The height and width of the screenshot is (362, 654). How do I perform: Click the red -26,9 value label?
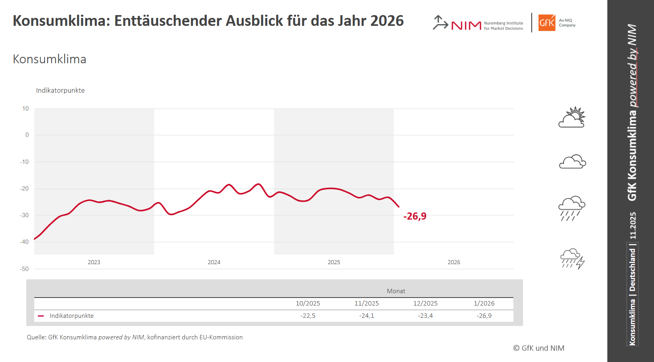coord(415,216)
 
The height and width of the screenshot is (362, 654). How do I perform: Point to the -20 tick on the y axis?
coord(24,189)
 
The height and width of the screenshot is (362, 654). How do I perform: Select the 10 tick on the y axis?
coord(25,109)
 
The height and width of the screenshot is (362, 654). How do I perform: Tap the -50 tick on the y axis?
coord(24,269)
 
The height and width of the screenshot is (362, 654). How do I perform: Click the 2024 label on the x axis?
coord(214,262)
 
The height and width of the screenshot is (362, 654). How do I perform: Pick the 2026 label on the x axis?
coord(454,262)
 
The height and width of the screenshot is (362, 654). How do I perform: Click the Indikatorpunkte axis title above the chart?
coord(60,91)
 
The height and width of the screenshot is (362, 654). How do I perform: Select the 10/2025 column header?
coord(308,304)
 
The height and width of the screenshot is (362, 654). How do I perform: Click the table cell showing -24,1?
coord(366,316)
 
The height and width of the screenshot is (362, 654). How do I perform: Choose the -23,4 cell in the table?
coord(425,316)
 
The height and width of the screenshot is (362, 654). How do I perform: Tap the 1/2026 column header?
coord(484,304)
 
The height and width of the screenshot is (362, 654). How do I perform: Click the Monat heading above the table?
coord(396,291)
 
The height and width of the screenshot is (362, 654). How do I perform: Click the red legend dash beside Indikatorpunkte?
coord(41,316)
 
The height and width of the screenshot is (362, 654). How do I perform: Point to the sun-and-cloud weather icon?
coord(572,117)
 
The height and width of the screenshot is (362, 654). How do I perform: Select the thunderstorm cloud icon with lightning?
coord(572,259)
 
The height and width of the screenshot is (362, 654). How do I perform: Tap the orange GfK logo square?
coord(546,23)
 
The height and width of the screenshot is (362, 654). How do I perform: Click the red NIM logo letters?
coord(466,25)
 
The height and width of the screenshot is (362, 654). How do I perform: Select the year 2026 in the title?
coord(387,21)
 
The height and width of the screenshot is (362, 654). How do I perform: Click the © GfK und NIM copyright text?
coord(538,348)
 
